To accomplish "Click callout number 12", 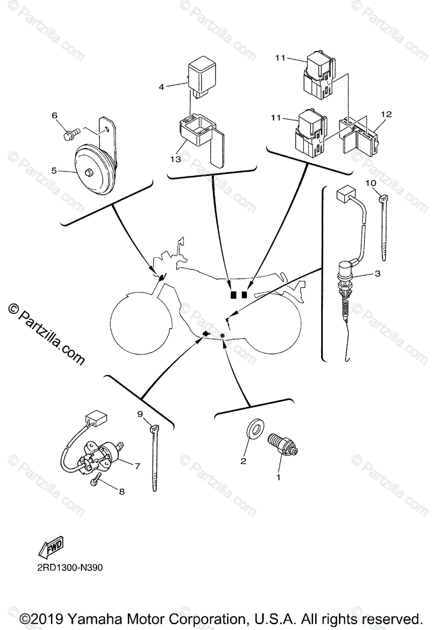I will [x=387, y=114].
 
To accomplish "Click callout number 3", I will [x=377, y=274].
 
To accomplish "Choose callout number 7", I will [x=137, y=465].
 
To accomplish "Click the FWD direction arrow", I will [x=50, y=549].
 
